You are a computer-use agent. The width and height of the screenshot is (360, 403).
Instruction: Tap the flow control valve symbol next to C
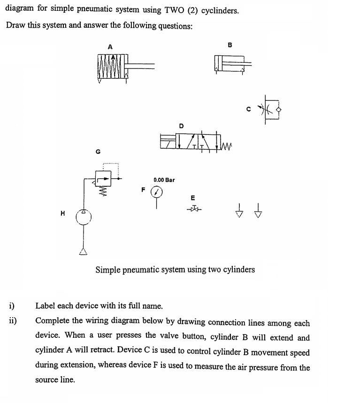[272, 110]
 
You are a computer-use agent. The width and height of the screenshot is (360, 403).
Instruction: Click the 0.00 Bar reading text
[164, 180]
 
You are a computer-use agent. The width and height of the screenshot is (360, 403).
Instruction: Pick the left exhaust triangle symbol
[240, 213]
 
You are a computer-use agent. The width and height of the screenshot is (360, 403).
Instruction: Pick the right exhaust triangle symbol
[257, 213]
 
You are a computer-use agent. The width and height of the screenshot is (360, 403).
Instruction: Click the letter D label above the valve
[181, 125]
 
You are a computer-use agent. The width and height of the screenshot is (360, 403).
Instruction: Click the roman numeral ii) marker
[12, 321]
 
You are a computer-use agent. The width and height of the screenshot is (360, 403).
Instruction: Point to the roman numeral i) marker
[11, 306]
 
